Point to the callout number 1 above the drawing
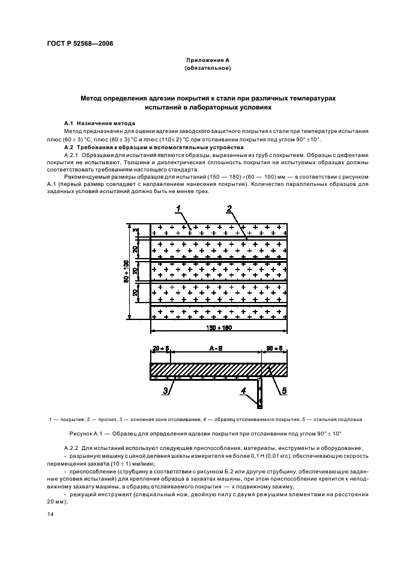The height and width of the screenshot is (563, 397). [x=178, y=209]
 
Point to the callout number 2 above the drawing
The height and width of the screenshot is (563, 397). [x=229, y=209]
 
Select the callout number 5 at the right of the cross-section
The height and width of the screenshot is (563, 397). [x=283, y=391]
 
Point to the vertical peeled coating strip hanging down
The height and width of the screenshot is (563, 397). [x=261, y=391]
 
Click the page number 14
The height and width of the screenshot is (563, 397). [x=50, y=515]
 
